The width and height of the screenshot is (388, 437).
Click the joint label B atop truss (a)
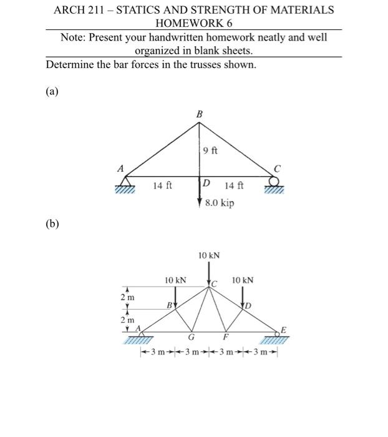click(x=199, y=114)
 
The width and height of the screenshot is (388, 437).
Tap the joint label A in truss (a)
click(x=121, y=168)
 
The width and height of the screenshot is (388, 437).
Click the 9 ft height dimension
click(x=210, y=150)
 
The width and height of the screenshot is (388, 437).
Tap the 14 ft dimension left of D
click(x=163, y=185)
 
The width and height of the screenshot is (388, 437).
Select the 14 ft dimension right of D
click(x=234, y=185)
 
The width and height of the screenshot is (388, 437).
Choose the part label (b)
click(x=52, y=223)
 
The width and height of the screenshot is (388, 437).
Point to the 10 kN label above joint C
click(x=209, y=255)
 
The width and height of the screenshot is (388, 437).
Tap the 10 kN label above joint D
click(x=243, y=281)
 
